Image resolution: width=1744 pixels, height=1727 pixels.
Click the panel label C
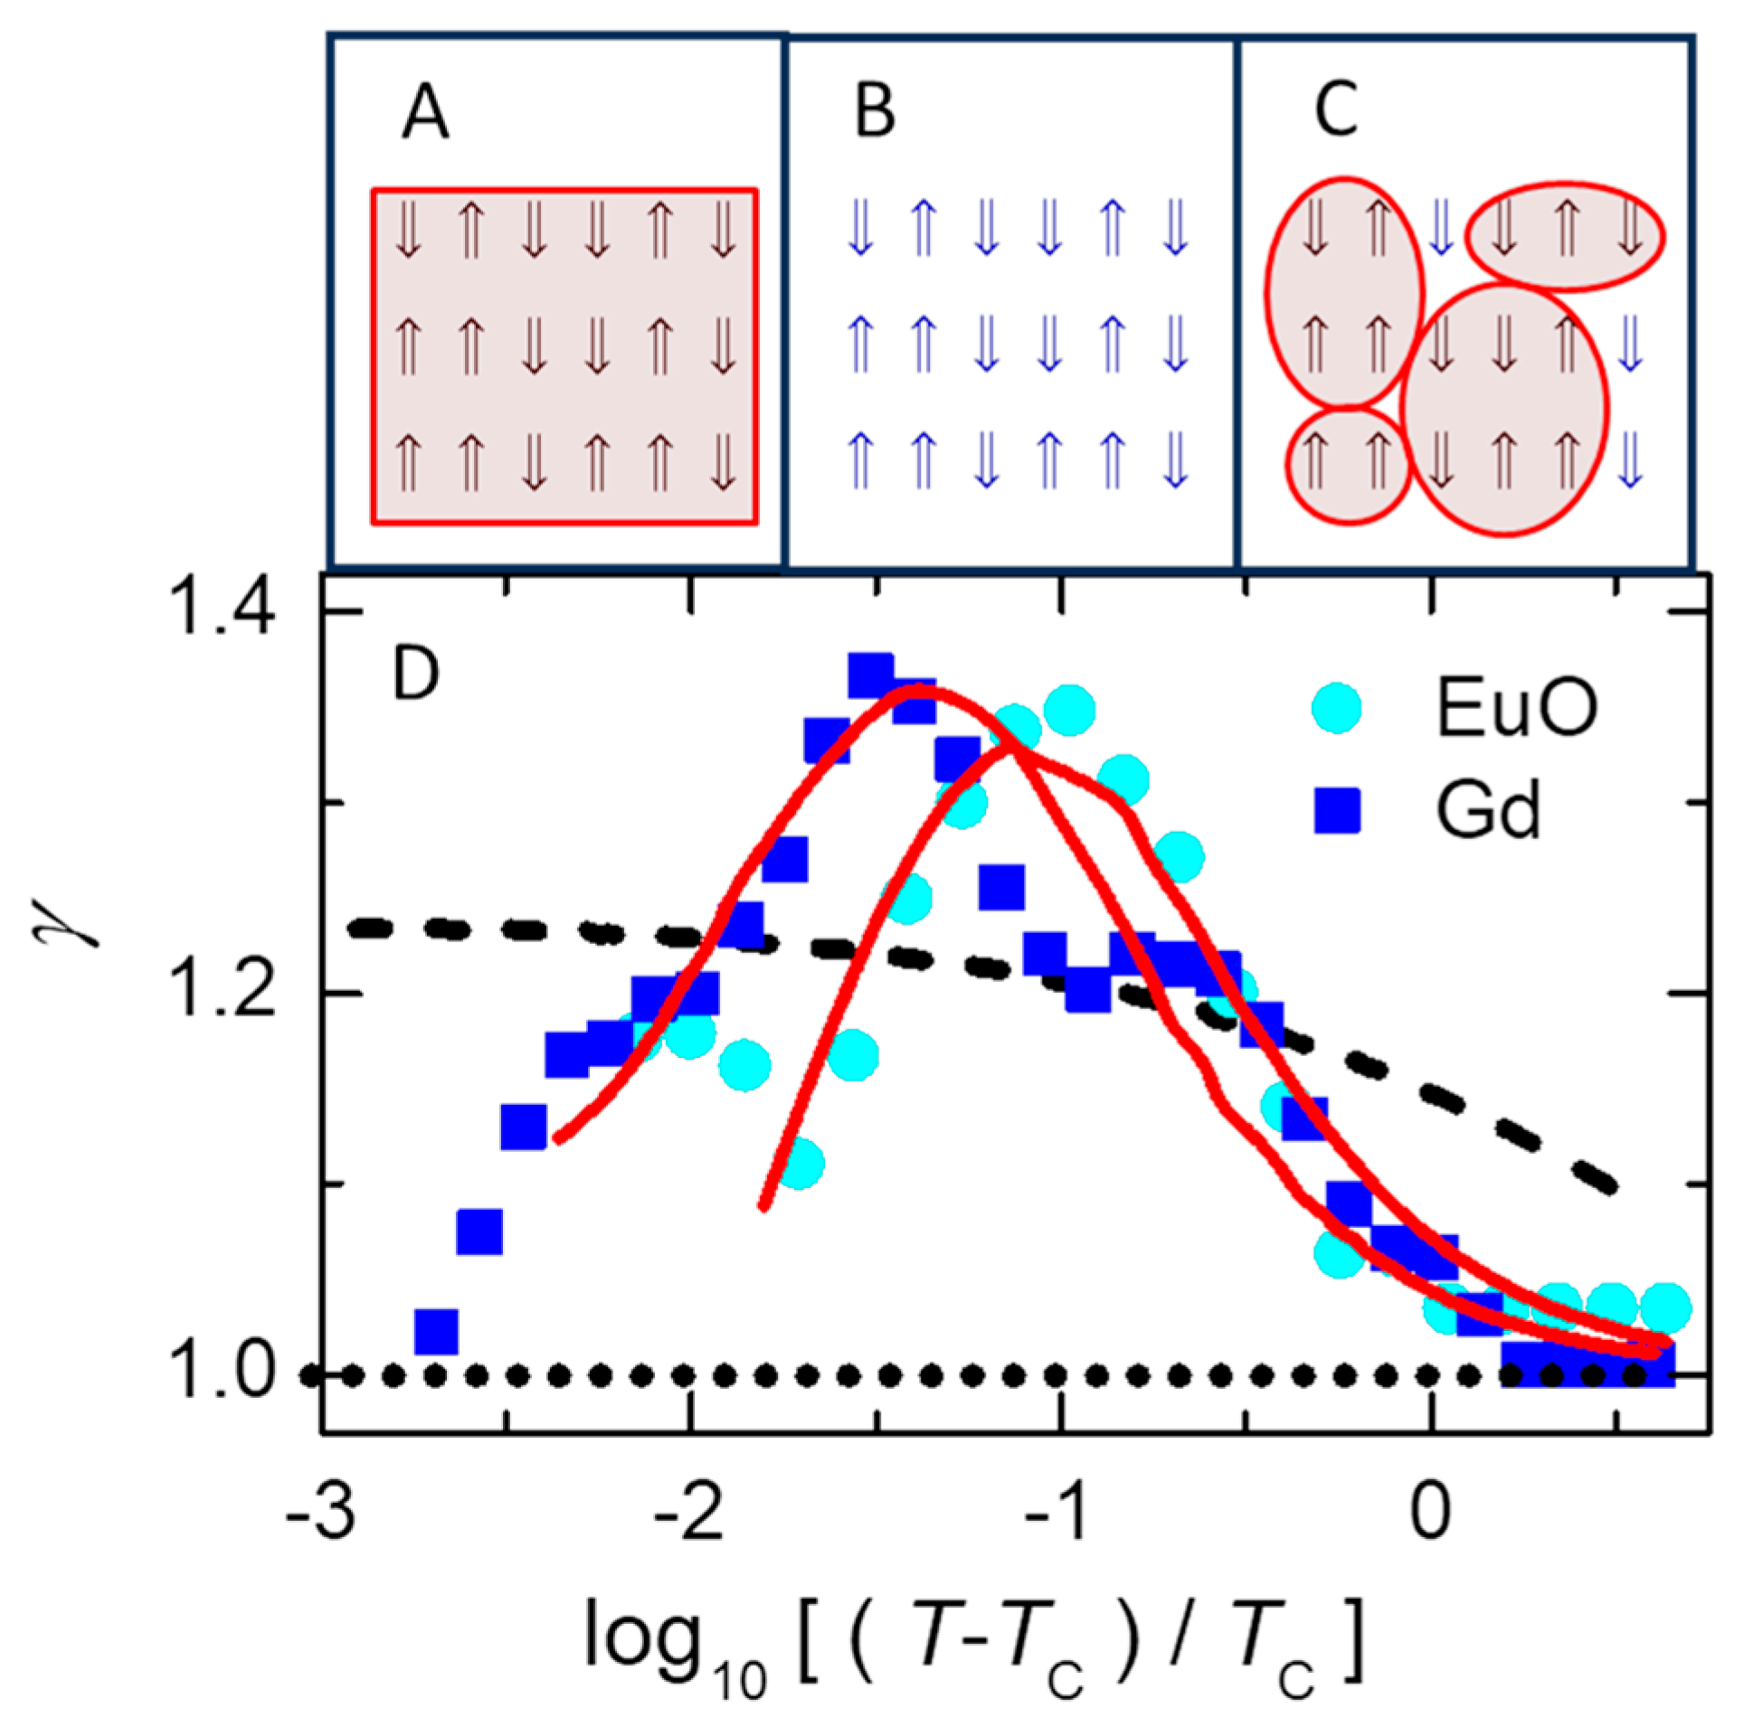[x=1335, y=111]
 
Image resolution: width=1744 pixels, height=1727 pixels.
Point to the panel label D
[x=415, y=675]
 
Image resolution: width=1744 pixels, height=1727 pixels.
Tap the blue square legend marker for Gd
[x=1337, y=811]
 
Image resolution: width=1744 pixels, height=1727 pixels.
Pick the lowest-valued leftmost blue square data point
[x=436, y=1331]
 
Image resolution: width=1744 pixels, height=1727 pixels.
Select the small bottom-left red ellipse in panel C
[x=1348, y=467]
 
